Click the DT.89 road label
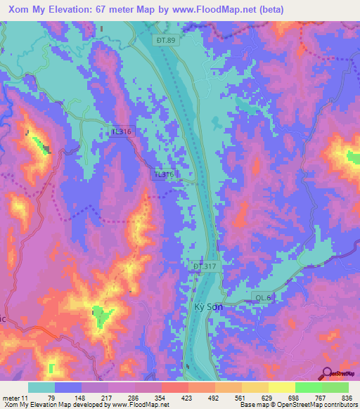pyautogui.click(x=166, y=41)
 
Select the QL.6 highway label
pyautogui.click(x=263, y=298)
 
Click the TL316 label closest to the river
pyautogui.click(x=165, y=174)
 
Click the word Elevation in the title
pyautogui.click(x=70, y=9)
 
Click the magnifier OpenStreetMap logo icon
pyautogui.click(x=328, y=373)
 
